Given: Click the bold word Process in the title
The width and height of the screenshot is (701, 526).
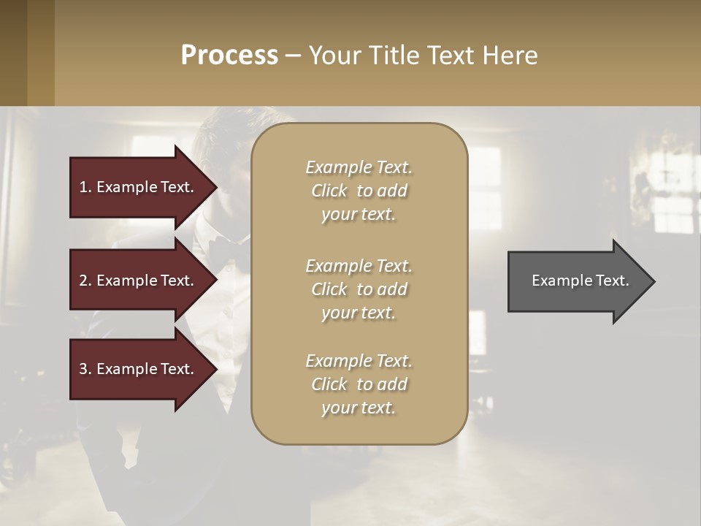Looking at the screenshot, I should (x=229, y=56).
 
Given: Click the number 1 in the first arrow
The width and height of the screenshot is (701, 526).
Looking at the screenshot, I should (x=83, y=187).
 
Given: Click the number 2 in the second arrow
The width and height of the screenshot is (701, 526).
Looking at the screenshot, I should (x=83, y=281).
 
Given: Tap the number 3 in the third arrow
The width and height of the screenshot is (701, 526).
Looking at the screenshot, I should (x=83, y=369).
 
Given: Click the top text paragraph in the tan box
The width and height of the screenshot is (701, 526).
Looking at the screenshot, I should (x=359, y=191).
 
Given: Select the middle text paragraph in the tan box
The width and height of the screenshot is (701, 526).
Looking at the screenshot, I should (x=359, y=289).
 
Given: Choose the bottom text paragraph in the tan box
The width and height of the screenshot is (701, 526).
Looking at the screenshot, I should (x=359, y=384).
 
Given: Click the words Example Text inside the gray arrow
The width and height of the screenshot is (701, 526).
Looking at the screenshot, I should (x=580, y=281).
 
